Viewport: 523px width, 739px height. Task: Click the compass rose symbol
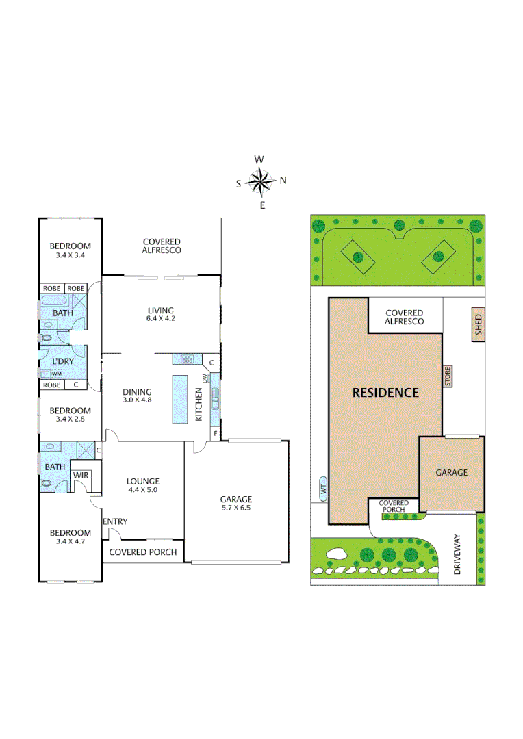coord(260,181)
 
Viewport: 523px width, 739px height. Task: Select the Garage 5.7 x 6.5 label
coord(236,504)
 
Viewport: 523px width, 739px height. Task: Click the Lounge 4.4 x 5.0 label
coord(142,485)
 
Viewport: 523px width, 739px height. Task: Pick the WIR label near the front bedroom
coord(80,474)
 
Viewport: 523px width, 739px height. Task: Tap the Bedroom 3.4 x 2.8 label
coord(70,415)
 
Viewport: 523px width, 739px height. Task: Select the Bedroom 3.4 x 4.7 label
coord(70,537)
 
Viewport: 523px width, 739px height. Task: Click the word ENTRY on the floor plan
coord(115,521)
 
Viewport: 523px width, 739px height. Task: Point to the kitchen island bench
coord(180,399)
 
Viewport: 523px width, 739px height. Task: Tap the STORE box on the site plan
coord(448,376)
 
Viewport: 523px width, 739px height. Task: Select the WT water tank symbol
coord(322,489)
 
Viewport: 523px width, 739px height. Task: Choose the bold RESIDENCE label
coord(385,393)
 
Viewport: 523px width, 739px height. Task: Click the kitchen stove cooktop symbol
coord(187,359)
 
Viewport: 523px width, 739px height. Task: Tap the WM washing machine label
coord(58,374)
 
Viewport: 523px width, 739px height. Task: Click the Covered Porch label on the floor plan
coord(143,552)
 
